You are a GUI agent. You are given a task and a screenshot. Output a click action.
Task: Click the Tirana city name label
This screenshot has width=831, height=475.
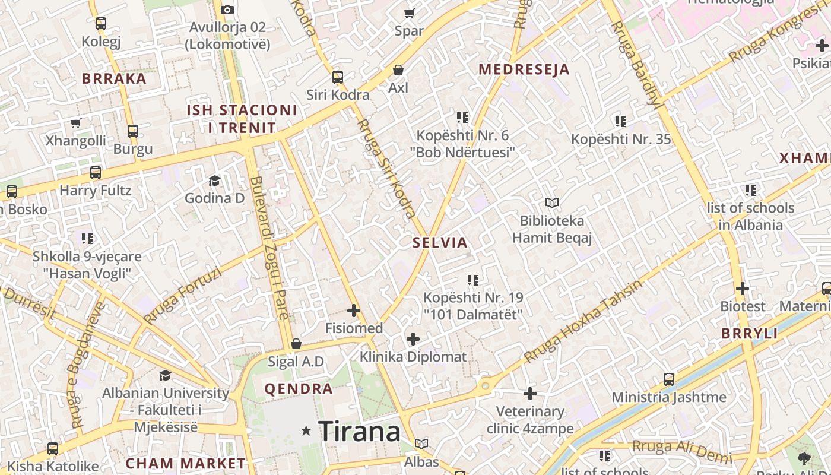[360, 431]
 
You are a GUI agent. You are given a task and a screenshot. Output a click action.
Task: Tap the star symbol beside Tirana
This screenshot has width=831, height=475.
[306, 430]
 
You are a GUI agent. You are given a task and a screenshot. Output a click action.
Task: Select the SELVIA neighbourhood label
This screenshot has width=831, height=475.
[440, 242]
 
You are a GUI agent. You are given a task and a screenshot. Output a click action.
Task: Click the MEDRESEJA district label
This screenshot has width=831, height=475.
[524, 69]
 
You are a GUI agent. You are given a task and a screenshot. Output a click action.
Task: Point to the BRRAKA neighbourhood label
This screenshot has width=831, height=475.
[114, 78]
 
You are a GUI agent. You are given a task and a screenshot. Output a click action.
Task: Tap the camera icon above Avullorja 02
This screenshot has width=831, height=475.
[227, 9]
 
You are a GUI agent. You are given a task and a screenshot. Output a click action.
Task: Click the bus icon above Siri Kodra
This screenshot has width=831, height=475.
[338, 77]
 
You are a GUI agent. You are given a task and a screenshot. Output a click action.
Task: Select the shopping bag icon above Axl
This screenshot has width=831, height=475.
[398, 70]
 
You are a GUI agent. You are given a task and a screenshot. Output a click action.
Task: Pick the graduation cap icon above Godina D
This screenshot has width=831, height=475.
[214, 180]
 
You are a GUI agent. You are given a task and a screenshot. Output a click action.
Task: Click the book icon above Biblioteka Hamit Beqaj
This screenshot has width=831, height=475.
[552, 203]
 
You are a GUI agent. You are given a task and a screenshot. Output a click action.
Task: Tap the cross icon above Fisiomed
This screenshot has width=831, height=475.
[354, 311]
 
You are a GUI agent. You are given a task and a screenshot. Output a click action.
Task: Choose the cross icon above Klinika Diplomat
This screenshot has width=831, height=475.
[413, 339]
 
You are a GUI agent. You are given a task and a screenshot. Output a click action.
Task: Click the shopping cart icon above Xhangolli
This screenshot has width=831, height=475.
[75, 123]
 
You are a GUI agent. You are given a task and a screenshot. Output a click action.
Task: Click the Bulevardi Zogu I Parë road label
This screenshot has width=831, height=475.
[269, 248]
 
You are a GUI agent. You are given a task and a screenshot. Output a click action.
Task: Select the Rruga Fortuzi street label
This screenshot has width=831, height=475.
[183, 296]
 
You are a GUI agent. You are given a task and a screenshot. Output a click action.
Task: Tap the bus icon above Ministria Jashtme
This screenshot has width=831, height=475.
[669, 379]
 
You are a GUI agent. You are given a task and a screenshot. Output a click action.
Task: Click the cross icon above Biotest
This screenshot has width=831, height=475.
[743, 289]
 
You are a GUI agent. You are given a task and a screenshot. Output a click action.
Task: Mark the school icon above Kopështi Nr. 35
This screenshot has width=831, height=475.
[621, 122]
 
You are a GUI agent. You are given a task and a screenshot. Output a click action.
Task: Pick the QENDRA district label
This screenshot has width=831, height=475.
[299, 389]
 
